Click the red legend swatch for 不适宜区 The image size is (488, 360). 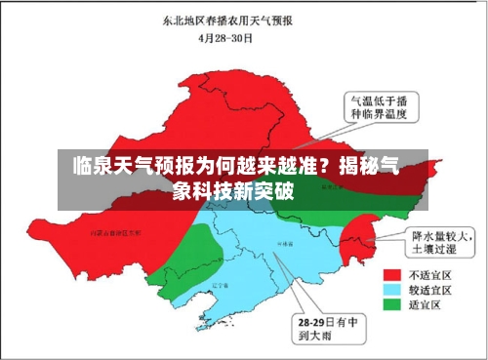(395, 274)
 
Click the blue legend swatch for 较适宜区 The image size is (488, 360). (395, 290)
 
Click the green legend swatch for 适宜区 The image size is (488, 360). (395, 304)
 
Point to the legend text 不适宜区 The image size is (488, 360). (430, 274)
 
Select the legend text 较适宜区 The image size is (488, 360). (430, 290)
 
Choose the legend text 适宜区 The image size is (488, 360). (427, 304)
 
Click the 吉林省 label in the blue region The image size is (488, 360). (285, 241)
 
